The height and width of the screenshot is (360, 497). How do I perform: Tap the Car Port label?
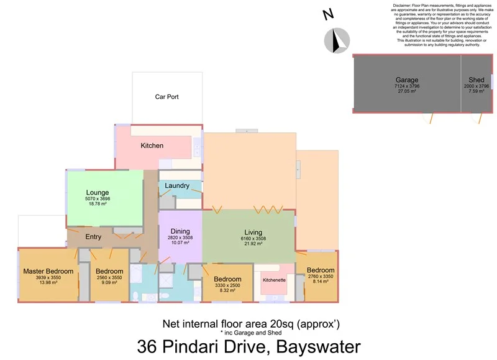(x=167, y=97)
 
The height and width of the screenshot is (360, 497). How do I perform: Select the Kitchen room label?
(x=152, y=145)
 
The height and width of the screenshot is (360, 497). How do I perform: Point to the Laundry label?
(x=177, y=185)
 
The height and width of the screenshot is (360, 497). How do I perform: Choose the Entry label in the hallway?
(x=93, y=236)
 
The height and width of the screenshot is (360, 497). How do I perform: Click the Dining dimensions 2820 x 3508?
(x=181, y=238)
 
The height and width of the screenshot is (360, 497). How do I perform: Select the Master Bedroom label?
(x=48, y=271)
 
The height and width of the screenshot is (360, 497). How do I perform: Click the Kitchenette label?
(x=274, y=280)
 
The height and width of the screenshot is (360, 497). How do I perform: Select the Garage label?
(x=407, y=80)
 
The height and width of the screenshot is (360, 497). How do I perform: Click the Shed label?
(x=476, y=80)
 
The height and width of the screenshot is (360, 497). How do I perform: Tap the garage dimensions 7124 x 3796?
(x=407, y=86)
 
